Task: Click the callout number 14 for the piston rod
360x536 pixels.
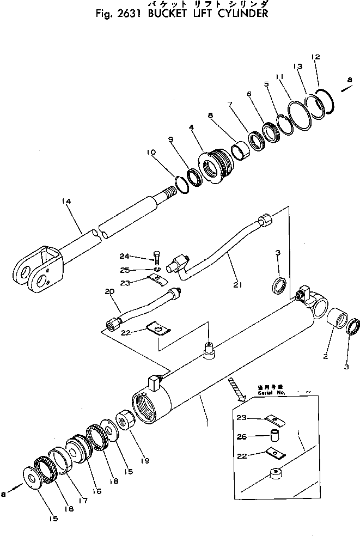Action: tap(66, 202)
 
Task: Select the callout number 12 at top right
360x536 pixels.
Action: tap(316, 57)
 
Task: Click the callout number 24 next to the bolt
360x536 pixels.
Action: tap(125, 257)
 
